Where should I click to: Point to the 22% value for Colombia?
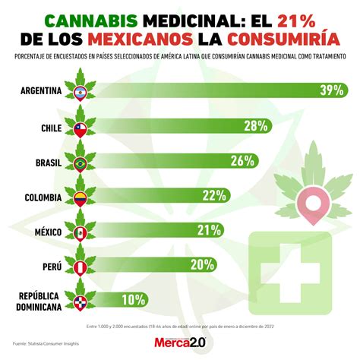[215, 195]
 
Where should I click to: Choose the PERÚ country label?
[50, 266]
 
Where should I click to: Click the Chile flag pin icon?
[80, 128]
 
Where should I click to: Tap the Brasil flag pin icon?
[80, 163]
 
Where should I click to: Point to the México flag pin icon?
[80, 232]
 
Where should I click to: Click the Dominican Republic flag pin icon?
[80, 302]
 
